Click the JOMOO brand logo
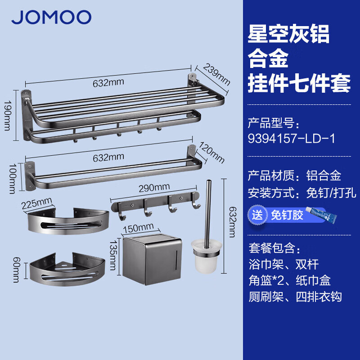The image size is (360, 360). [x=51, y=17]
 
